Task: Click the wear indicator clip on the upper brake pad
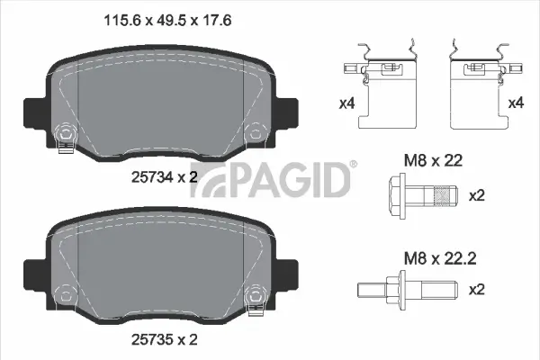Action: (64, 139)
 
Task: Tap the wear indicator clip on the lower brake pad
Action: (256, 295)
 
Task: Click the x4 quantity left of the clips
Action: (346, 103)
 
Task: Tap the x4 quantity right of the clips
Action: (515, 103)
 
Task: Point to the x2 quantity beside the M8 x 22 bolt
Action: (479, 195)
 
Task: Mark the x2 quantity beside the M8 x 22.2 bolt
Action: (479, 291)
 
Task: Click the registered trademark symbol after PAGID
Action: (353, 165)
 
